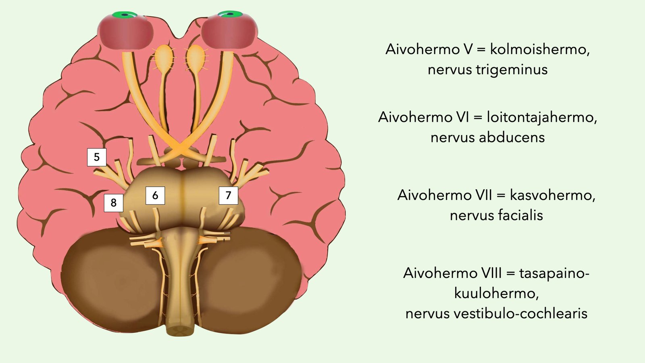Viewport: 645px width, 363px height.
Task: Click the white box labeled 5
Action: click(x=97, y=157)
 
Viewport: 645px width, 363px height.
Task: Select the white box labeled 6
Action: click(x=155, y=196)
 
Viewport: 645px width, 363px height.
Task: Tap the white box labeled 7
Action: click(x=228, y=196)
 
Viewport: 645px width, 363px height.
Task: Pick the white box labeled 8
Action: click(x=113, y=203)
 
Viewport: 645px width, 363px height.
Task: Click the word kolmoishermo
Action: click(x=540, y=49)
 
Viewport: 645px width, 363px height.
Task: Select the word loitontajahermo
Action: click(x=542, y=117)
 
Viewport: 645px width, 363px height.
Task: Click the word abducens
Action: click(x=512, y=138)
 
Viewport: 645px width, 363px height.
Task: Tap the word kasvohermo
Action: click(x=553, y=195)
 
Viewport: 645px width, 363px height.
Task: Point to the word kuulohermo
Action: click(x=496, y=293)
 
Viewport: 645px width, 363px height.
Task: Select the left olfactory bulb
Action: click(x=164, y=56)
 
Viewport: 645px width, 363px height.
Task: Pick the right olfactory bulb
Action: click(x=196, y=56)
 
